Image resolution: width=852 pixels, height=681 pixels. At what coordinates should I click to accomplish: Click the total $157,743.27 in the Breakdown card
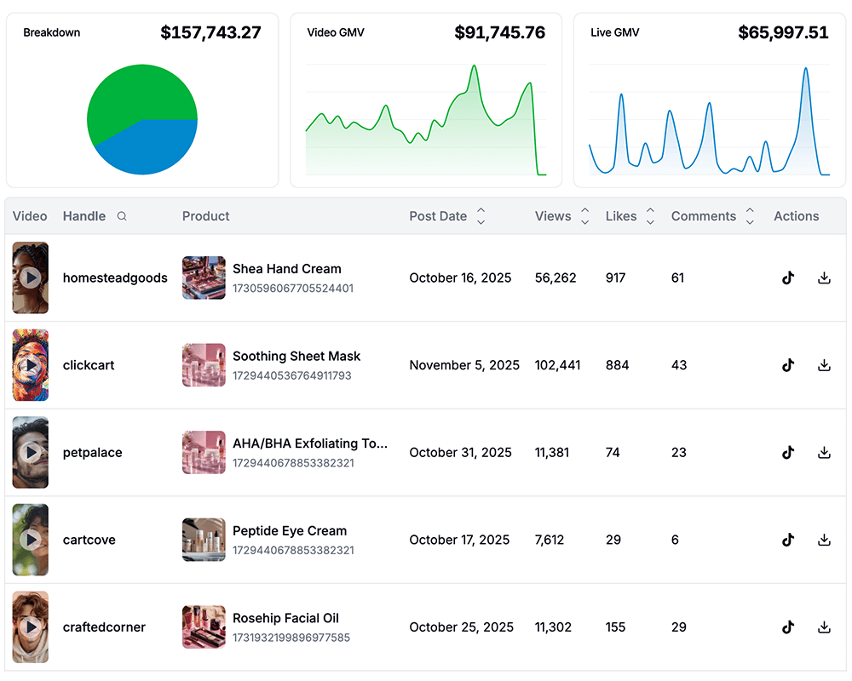pos(210,33)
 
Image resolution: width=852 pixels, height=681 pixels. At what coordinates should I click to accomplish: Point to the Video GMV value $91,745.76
pos(499,33)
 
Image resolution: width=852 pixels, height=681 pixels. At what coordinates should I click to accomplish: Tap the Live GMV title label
pos(614,33)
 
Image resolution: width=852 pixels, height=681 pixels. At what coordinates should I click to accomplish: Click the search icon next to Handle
pos(122,216)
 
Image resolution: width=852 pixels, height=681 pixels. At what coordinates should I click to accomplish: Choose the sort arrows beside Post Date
pos(481,216)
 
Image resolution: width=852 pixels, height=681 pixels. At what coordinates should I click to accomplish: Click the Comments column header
pos(703,216)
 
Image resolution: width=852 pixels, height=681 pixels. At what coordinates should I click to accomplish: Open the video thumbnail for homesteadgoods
pos(31,278)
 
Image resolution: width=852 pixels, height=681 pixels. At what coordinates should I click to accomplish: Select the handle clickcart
pos(89,365)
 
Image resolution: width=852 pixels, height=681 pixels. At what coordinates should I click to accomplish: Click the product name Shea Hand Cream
pos(287,269)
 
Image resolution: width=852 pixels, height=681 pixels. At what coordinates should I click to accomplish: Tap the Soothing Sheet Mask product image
pos(204,365)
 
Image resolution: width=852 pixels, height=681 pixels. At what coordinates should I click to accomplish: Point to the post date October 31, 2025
pos(460,453)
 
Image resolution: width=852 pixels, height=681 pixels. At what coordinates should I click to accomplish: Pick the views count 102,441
pos(557,365)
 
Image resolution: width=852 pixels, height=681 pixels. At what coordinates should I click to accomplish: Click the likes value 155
pos(615,627)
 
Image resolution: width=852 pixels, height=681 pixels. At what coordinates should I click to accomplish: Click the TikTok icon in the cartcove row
pos(788,540)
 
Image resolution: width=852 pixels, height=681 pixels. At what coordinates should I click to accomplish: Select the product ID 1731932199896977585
pos(291,638)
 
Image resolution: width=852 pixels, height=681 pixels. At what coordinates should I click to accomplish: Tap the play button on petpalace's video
pos(31,453)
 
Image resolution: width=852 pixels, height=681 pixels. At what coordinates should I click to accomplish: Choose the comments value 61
pos(677,278)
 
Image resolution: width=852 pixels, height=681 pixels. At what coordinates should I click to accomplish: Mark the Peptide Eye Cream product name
pos(290,531)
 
